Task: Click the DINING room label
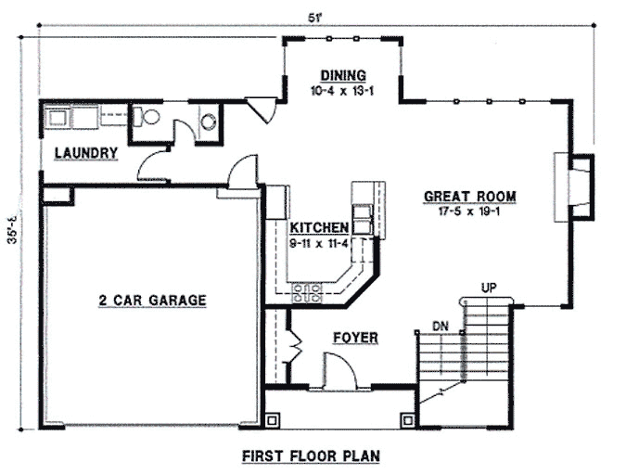343,76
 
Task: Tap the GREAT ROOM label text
469,196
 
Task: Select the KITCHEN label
318,228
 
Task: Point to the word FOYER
355,338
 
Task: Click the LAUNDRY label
84,153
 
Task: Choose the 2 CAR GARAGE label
152,300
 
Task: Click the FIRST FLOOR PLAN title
311,455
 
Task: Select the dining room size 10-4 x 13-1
343,91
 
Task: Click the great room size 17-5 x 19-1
469,211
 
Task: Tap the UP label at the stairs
489,288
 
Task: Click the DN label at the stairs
441,326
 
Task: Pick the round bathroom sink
209,121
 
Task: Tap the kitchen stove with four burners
307,294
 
